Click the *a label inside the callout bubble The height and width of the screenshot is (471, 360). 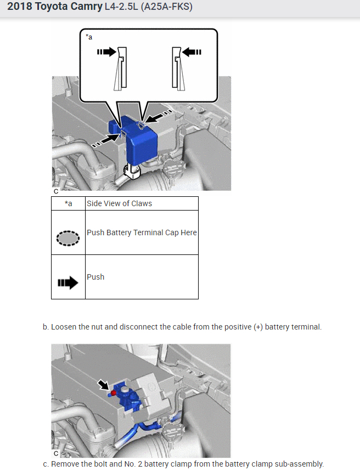click(x=89, y=37)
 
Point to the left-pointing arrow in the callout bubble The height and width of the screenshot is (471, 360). click(x=192, y=52)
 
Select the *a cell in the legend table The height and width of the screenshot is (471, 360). click(x=68, y=203)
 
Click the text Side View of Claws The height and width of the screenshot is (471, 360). click(x=119, y=203)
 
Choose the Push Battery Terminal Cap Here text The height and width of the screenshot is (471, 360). click(x=142, y=232)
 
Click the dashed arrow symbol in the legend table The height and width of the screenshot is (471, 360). click(x=68, y=283)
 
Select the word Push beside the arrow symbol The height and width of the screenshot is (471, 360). click(x=95, y=277)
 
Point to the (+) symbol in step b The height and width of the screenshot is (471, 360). click(x=258, y=327)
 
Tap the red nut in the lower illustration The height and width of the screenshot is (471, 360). click(x=114, y=393)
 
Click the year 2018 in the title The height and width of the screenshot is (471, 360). click(x=20, y=8)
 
